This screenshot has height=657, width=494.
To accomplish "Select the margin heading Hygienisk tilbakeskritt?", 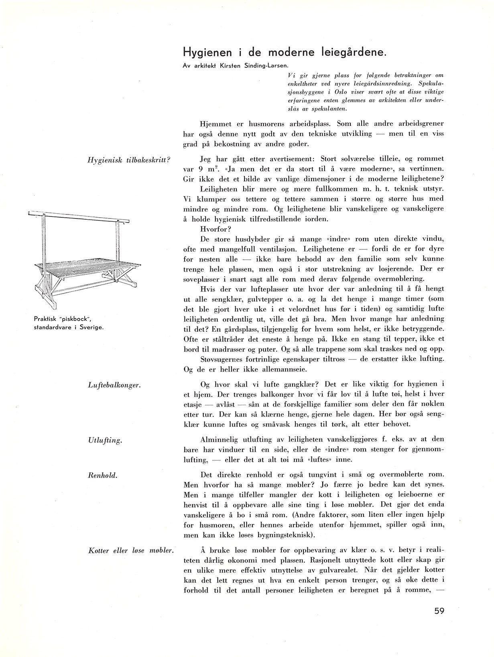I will pyautogui.click(x=129, y=159).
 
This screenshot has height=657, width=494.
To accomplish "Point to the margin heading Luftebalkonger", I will pyautogui.click(x=114, y=385).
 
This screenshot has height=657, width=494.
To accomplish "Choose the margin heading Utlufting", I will pyautogui.click(x=104, y=441).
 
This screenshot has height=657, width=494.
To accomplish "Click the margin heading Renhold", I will pyautogui.click(x=102, y=475).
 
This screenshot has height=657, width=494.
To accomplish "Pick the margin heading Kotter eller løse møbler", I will pyautogui.click(x=130, y=551).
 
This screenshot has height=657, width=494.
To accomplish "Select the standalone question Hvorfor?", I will pyautogui.click(x=214, y=230).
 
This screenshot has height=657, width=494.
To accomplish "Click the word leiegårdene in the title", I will pyautogui.click(x=342, y=52).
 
